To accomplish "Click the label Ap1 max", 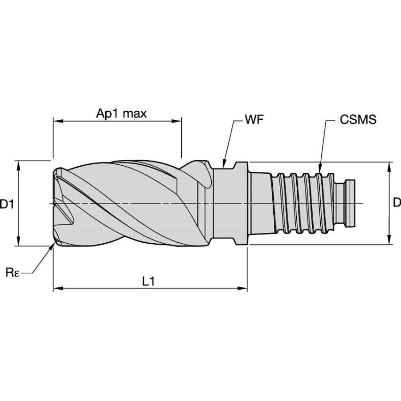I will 122,113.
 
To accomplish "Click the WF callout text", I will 254,120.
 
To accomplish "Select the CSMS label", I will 358,120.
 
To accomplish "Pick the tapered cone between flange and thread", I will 261,203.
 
